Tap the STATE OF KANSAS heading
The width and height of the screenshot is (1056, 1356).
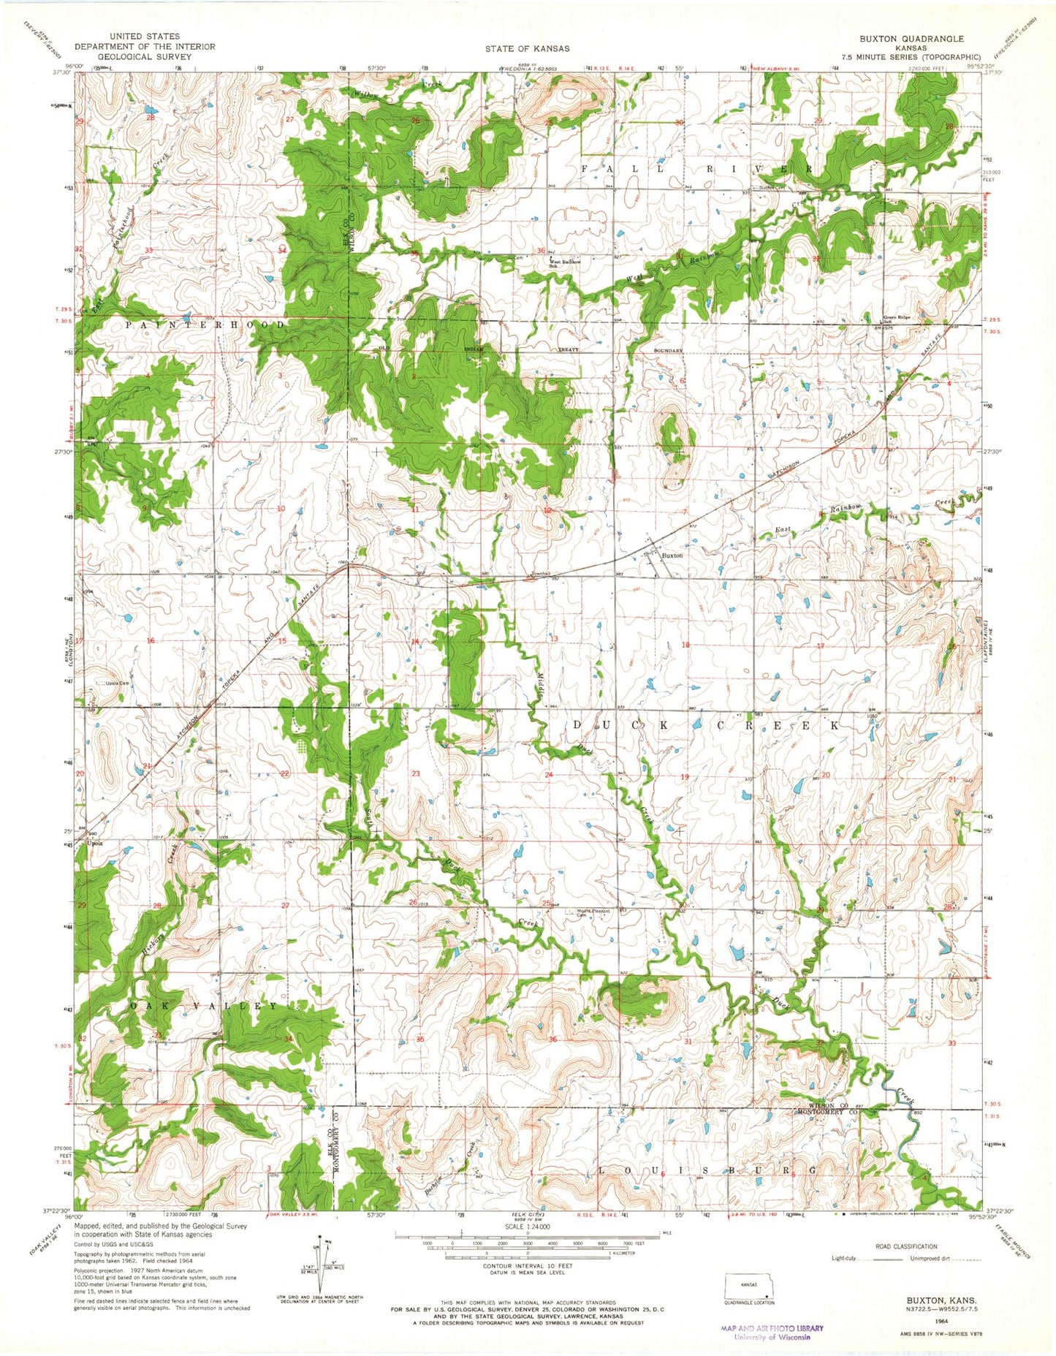527,48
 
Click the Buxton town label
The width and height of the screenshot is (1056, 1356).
672,556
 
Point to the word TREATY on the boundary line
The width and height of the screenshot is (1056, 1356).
569,349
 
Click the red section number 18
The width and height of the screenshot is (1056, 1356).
685,645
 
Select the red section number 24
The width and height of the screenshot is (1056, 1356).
548,774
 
